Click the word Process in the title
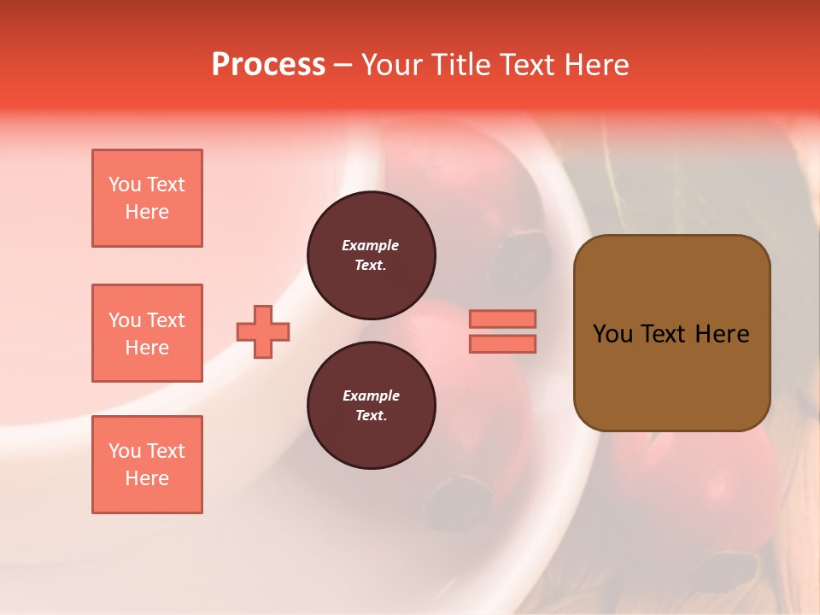tap(268, 65)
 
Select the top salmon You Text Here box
tap(147, 198)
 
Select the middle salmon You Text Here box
tap(147, 333)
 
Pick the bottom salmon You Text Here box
tap(147, 465)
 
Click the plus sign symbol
tap(263, 331)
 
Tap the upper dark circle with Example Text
tap(371, 255)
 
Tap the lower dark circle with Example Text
tap(371, 406)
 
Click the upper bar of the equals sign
tap(502, 319)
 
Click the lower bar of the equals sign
tap(502, 343)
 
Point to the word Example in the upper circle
tap(371, 245)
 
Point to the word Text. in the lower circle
tap(371, 416)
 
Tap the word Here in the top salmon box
tap(147, 212)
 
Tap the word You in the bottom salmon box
tap(125, 451)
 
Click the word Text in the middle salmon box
tap(165, 320)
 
